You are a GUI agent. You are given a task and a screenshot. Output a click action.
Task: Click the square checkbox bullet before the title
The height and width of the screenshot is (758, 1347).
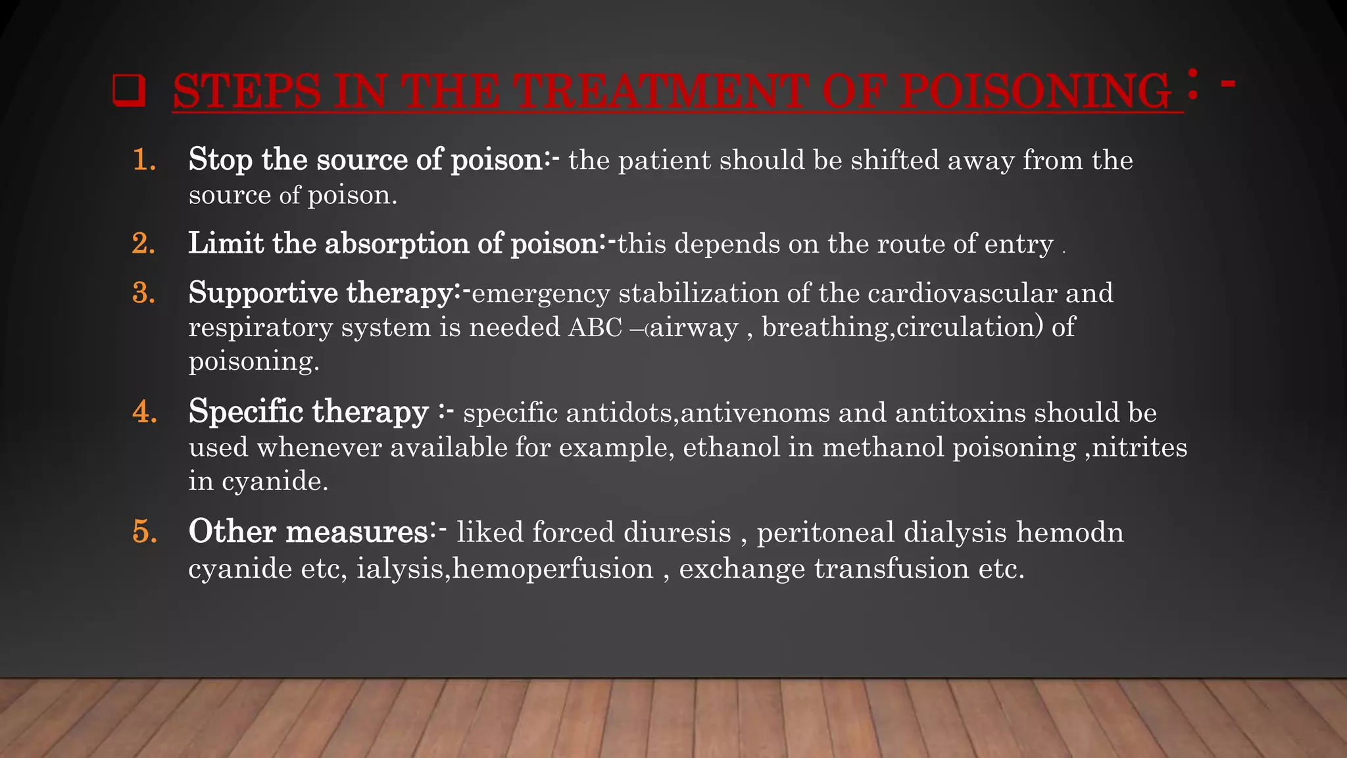(x=129, y=91)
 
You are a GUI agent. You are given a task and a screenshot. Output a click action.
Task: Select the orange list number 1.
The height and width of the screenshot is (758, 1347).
(x=144, y=160)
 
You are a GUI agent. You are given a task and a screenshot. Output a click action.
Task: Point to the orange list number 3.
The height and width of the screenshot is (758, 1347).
(x=144, y=293)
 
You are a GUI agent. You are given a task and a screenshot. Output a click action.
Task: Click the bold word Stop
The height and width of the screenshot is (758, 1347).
(x=220, y=160)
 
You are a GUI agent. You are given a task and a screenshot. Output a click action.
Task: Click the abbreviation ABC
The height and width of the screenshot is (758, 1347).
(x=595, y=328)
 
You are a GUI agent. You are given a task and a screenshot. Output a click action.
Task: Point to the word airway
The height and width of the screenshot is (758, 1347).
(x=694, y=328)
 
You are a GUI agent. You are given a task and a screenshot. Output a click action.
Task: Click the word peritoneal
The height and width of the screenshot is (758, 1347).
(x=825, y=532)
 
